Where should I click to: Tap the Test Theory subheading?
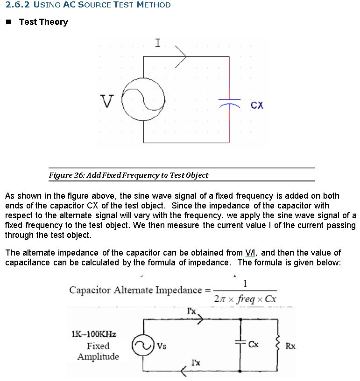(x=43, y=22)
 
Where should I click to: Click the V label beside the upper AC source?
(x=107, y=101)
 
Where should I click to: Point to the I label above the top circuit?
(x=157, y=43)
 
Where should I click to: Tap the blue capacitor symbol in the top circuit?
(x=229, y=102)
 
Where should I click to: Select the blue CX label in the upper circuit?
(x=257, y=105)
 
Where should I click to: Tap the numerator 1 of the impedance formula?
(x=246, y=284)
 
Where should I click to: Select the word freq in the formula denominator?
(x=246, y=298)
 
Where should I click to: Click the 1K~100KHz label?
(x=94, y=334)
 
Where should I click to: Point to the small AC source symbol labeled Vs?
(x=143, y=346)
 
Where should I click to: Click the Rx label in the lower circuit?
(x=290, y=346)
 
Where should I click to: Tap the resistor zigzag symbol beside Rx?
(x=277, y=345)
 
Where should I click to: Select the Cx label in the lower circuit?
(x=254, y=345)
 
